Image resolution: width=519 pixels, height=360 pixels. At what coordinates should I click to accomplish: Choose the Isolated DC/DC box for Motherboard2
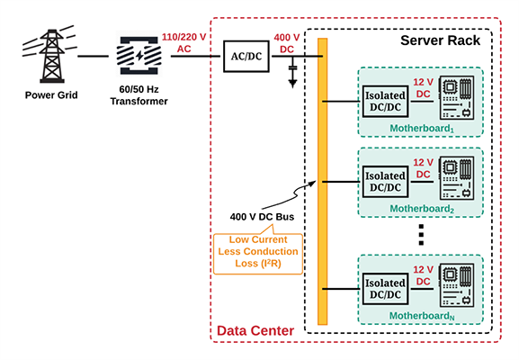click(386, 182)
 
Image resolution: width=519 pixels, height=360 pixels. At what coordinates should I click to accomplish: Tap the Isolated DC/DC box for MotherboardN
click(386, 288)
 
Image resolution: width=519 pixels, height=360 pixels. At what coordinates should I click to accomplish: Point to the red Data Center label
click(255, 331)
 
